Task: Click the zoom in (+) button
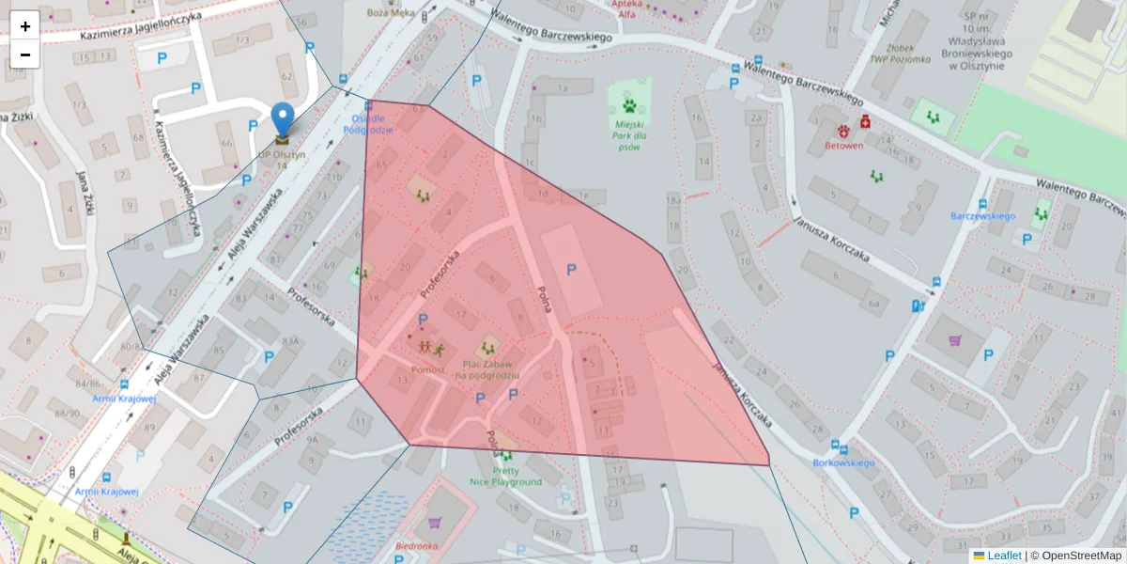pyautogui.click(x=25, y=25)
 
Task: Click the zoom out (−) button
pyautogui.click(x=25, y=55)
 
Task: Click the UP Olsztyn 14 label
pyautogui.click(x=282, y=160)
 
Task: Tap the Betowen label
pyautogui.click(x=842, y=146)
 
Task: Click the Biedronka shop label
pyautogui.click(x=417, y=545)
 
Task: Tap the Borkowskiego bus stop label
pyautogui.click(x=843, y=462)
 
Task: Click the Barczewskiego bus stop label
pyautogui.click(x=982, y=216)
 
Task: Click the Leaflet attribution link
pyautogui.click(x=1003, y=556)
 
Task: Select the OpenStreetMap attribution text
pyautogui.click(x=1080, y=556)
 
